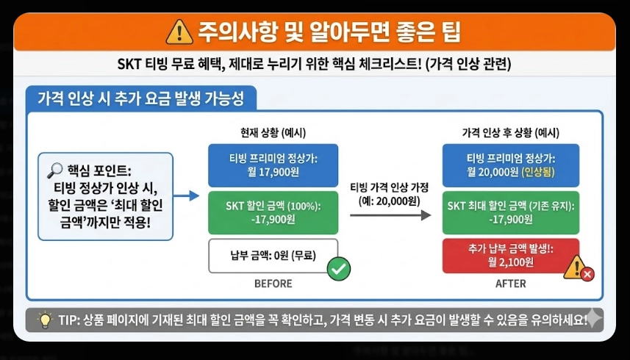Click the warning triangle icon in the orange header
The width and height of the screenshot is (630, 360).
[179, 32]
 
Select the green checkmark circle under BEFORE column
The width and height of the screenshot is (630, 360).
[338, 269]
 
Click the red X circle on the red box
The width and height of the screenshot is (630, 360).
[587, 274]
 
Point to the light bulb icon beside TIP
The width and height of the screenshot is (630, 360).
[44, 320]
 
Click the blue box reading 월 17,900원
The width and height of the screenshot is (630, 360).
[273, 165]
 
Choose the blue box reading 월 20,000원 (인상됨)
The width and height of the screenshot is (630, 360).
[510, 165]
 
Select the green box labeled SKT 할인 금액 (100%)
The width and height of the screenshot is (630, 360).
[273, 212]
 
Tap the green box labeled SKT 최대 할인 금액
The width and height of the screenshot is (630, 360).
[510, 212]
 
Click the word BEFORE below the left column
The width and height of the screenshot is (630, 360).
[273, 284]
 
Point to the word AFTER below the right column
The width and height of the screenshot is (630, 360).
[510, 284]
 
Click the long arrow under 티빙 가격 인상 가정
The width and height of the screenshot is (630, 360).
[390, 215]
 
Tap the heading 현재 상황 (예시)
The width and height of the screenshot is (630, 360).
[273, 133]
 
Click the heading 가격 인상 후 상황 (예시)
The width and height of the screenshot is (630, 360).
[510, 133]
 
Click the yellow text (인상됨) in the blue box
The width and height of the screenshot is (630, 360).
[540, 173]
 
